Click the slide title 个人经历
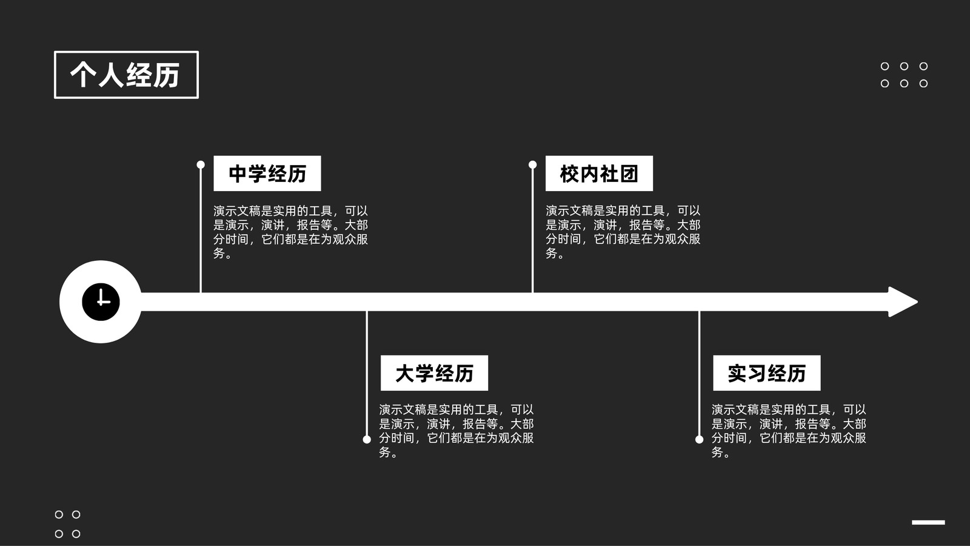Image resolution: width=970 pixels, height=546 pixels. coord(125,75)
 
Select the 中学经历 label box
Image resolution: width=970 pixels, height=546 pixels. coord(267,174)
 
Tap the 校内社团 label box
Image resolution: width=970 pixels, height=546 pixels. coord(599,174)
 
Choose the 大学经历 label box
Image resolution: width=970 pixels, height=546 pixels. coord(434,373)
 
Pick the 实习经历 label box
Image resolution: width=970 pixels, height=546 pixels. coord(766,373)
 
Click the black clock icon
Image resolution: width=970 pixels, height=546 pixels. coord(101,302)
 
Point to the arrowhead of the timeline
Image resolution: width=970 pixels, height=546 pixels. coord(903,302)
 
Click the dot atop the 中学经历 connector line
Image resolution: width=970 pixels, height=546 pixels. coord(201,164)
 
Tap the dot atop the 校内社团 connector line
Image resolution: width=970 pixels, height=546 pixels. coord(533,164)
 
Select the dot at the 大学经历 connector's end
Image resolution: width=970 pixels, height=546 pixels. coord(367,439)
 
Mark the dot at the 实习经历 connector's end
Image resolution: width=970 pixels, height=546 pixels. coord(699,439)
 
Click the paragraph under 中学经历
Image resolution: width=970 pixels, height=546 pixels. coord(290,232)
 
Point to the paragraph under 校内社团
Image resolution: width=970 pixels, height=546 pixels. coord(623,232)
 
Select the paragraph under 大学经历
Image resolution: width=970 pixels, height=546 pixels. coord(457,431)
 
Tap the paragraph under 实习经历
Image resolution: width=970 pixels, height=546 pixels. coord(789,431)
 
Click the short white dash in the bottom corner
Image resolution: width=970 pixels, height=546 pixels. coord(928,522)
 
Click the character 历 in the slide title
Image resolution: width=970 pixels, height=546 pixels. coord(167,75)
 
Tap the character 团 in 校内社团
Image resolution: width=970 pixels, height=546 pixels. coord(629,174)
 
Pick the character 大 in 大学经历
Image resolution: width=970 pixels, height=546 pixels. coord(406,374)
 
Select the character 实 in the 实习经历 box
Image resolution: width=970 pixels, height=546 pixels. coord(737,374)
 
